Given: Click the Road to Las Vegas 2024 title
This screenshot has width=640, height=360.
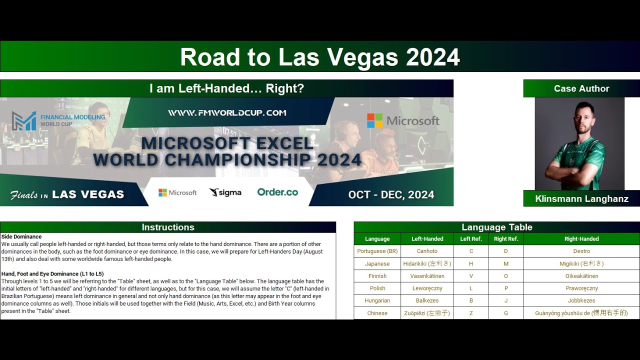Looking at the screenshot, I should (x=320, y=57).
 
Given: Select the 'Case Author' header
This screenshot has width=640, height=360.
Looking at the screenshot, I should (x=581, y=88).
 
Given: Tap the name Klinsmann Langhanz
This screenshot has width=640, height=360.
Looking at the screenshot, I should (x=581, y=198).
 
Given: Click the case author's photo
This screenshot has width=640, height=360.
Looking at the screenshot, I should (x=579, y=143).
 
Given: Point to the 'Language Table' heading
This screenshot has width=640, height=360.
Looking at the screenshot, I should (x=496, y=227).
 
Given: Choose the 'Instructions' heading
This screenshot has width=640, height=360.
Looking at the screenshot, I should (x=168, y=227).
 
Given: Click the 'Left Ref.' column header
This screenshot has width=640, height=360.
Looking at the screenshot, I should (x=471, y=239).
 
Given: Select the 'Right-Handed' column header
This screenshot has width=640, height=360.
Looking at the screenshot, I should (x=581, y=239).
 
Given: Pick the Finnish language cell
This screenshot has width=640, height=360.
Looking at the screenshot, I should (x=377, y=276).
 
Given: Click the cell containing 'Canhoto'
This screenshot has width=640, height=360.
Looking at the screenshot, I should (x=427, y=251).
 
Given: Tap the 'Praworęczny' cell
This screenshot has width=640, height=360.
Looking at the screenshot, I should (x=581, y=288).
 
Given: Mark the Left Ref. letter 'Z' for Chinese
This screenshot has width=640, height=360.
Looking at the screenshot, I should (x=471, y=313).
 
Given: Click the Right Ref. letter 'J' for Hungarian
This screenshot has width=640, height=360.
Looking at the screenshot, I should (x=506, y=300).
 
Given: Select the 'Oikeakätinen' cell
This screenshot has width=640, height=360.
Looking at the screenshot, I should (x=581, y=276).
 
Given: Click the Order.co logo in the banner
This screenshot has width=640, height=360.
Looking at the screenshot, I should (x=277, y=192).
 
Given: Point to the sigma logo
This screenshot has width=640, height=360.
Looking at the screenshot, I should (x=225, y=192).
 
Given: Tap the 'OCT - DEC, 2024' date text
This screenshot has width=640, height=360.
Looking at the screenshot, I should (x=391, y=194).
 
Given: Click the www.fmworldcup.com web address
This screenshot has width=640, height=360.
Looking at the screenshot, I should (x=227, y=113).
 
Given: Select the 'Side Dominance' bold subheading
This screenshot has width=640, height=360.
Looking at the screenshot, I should (x=21, y=236).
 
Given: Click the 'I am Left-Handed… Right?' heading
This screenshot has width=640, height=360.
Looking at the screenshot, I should (x=226, y=88).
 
